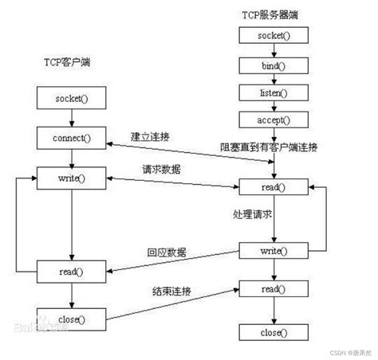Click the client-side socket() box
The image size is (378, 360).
click(x=71, y=100)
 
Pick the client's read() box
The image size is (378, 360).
click(x=71, y=272)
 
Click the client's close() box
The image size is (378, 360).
click(x=71, y=319)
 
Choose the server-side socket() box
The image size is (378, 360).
click(x=274, y=36)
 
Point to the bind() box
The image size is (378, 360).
click(x=274, y=65)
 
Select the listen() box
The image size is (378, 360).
click(x=274, y=93)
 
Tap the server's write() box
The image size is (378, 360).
click(x=274, y=252)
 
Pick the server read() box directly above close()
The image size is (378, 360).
click(x=274, y=288)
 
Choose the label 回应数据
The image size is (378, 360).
click(x=166, y=252)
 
